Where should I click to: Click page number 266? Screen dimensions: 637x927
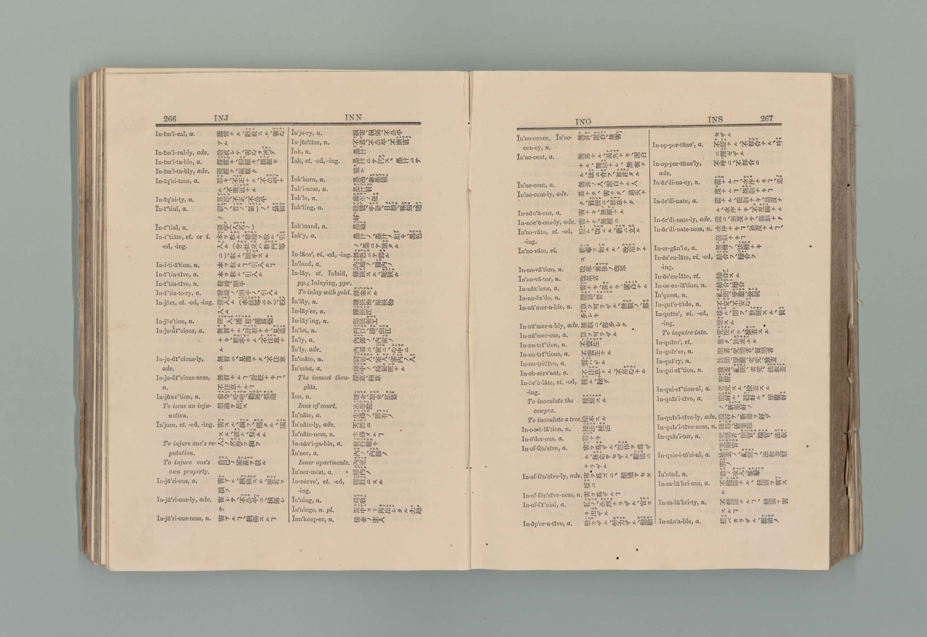pos(169,118)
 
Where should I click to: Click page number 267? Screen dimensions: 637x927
pos(766,118)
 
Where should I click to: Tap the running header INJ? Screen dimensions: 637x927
pos(221,118)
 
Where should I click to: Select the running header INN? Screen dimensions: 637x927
pos(353,117)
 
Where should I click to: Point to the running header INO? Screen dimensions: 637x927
pos(583,121)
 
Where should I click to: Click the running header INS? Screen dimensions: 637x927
pos(715,119)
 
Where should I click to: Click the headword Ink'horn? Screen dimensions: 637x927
pos(304,180)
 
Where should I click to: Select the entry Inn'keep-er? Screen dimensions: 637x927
pos(313,519)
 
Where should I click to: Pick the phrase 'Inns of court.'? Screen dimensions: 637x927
pos(317,406)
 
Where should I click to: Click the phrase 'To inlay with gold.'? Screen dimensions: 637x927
pos(324,292)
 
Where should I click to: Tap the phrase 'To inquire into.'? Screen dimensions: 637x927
pos(684,332)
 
